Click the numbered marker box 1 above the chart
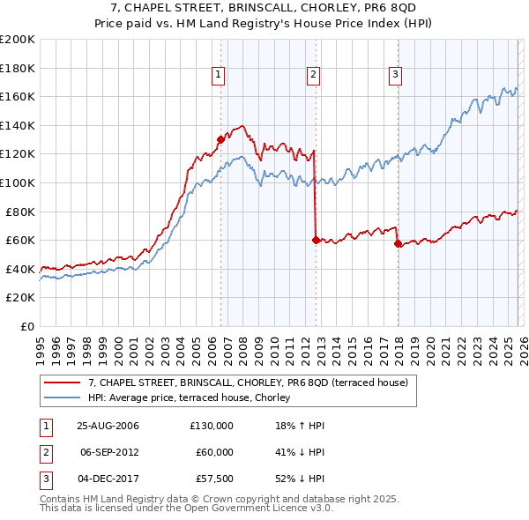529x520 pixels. (217, 75)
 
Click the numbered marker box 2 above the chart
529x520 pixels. (313, 75)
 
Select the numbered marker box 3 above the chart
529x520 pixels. (396, 75)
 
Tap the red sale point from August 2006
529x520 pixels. (220, 138)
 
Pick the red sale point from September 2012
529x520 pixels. (315, 239)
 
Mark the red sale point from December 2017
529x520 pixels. (398, 243)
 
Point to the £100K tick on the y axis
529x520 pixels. (18, 182)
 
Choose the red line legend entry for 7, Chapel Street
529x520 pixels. (247, 383)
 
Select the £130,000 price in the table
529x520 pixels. (211, 426)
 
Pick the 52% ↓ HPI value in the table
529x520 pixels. (300, 479)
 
